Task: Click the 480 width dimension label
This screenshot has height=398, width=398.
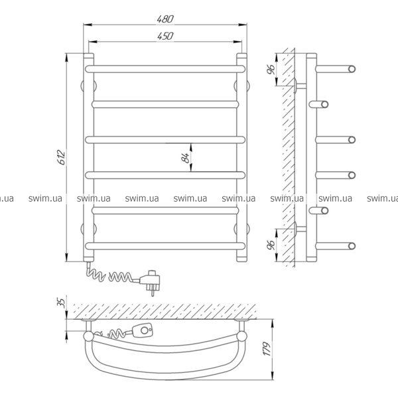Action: (165, 19)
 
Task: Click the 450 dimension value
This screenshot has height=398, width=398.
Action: (165, 36)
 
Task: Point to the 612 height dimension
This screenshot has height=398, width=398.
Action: (62, 157)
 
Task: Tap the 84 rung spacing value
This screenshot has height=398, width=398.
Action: (186, 158)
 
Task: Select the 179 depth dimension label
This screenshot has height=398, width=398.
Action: (267, 349)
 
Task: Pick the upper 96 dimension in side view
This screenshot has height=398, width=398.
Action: (271, 70)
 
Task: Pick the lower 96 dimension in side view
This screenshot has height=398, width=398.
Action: (271, 245)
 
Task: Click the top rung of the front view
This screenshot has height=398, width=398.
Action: (165, 69)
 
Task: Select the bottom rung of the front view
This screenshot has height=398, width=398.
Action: (165, 245)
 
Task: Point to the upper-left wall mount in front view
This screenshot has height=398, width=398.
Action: (89, 86)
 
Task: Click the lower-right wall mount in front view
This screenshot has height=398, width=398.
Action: (241, 228)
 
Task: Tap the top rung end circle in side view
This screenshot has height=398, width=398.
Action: (352, 69)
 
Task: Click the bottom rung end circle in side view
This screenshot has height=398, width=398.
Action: (352, 245)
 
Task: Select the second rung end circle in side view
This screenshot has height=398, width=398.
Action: (324, 104)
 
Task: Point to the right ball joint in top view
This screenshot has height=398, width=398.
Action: (241, 336)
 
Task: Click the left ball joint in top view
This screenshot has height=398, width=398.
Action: (89, 336)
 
